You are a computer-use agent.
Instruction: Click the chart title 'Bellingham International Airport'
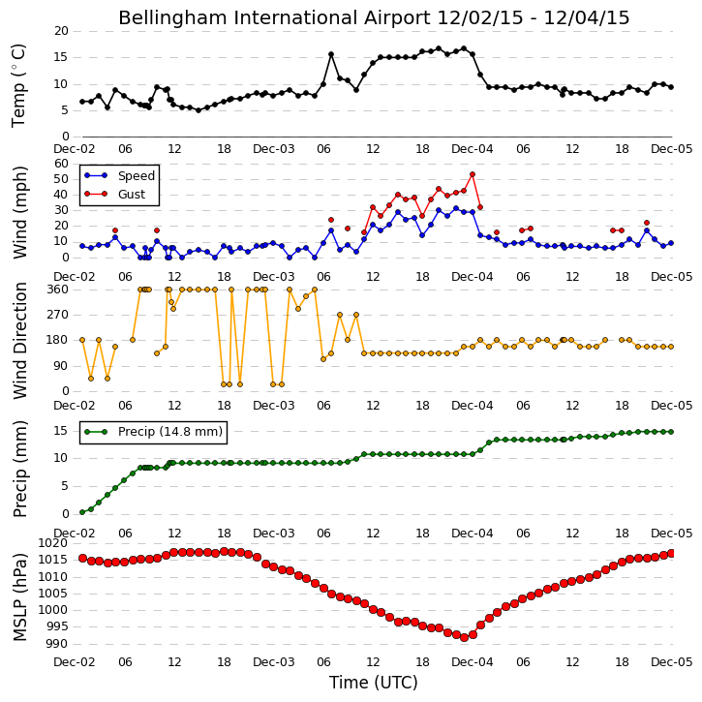[274, 17]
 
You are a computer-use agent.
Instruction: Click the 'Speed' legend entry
[137, 176]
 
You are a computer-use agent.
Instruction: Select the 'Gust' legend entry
[132, 195]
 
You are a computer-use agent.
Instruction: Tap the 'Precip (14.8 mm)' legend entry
[170, 432]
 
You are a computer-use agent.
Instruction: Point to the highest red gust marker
[473, 174]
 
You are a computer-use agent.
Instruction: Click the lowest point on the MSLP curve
[464, 637]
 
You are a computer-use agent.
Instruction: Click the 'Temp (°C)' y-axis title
[18, 85]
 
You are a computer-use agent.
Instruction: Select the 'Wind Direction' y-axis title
[19, 340]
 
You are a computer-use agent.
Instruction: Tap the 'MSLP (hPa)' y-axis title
[19, 597]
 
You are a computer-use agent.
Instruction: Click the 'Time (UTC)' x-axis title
[374, 683]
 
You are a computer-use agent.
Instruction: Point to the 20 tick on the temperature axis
[61, 31]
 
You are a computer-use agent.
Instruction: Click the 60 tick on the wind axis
[61, 164]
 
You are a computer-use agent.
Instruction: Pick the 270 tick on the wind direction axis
[58, 315]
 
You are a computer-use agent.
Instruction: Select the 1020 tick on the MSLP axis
[54, 543]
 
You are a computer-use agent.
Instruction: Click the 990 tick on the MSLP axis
[58, 644]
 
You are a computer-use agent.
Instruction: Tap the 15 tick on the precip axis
[61, 431]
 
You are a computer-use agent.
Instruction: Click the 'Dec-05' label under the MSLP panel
[672, 661]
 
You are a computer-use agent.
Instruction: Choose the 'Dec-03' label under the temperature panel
[274, 149]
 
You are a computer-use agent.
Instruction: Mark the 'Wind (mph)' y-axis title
[19, 212]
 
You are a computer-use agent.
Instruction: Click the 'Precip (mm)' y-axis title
[19, 470]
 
